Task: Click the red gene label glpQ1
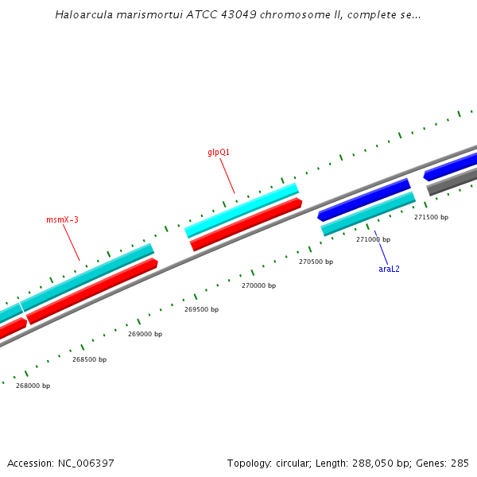click(219, 152)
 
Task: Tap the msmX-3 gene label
click(62, 219)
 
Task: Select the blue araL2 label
click(389, 269)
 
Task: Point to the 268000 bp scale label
click(33, 386)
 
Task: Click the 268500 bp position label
click(89, 359)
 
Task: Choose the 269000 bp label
click(145, 334)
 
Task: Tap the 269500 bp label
click(201, 309)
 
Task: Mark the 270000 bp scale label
click(258, 285)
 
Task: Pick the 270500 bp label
click(316, 262)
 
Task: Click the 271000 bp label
click(373, 239)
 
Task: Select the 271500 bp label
click(431, 217)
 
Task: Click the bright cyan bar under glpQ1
click(242, 210)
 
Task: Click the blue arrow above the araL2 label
click(364, 200)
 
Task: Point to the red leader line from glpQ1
click(227, 176)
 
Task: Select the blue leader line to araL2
click(381, 247)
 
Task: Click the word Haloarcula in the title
click(83, 15)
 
